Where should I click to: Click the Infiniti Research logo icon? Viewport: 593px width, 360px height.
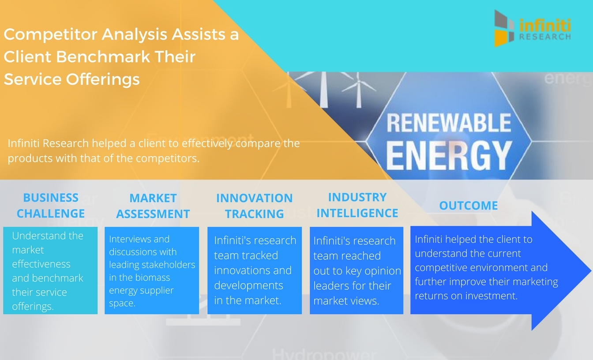(504, 28)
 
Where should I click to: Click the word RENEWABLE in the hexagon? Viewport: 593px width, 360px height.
(448, 124)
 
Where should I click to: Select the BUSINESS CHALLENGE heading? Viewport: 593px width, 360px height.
(51, 206)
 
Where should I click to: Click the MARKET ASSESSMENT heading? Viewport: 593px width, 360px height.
(153, 206)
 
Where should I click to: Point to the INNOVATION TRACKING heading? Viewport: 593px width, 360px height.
(254, 206)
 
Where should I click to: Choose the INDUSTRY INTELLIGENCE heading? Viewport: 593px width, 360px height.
(357, 205)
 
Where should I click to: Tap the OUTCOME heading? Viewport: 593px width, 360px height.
(468, 206)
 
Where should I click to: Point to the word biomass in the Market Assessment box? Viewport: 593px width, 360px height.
(153, 278)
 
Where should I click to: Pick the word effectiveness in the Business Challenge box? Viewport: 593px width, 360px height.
(41, 264)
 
